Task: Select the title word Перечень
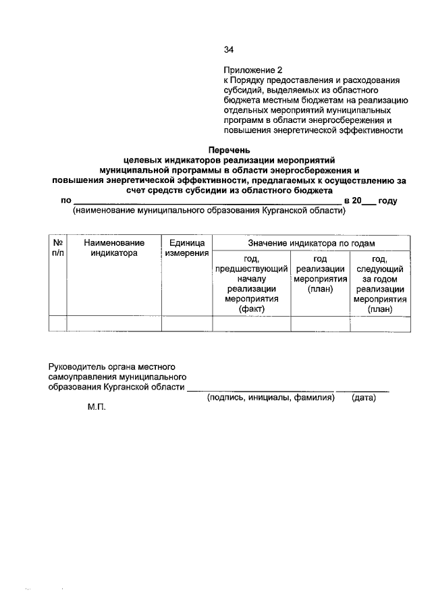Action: click(x=228, y=149)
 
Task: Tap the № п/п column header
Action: click(x=58, y=248)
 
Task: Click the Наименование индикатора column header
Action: click(x=114, y=248)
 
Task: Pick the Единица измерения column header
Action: click(x=187, y=248)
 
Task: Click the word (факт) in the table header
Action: click(x=251, y=309)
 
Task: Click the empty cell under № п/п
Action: click(x=58, y=323)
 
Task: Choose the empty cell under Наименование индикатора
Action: click(x=114, y=323)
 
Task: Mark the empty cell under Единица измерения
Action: click(x=187, y=323)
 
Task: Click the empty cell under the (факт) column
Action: click(x=251, y=323)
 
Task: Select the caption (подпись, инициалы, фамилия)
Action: click(x=271, y=398)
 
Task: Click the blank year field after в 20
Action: click(x=370, y=201)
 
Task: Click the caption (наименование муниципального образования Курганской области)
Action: click(x=209, y=211)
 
